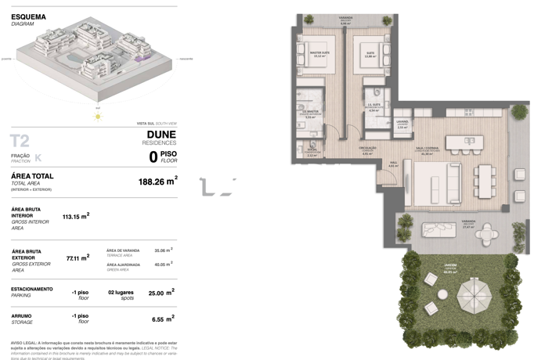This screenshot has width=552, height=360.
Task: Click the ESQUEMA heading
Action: click(x=28, y=16)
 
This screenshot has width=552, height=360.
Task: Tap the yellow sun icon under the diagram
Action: click(x=98, y=117)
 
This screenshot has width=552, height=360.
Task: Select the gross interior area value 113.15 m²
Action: click(x=75, y=215)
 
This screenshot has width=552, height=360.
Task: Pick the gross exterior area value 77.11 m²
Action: click(x=75, y=257)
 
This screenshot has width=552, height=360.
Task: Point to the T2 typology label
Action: click(x=20, y=141)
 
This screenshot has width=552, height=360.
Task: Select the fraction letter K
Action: click(x=38, y=158)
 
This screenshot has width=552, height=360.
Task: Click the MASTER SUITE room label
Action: click(x=319, y=54)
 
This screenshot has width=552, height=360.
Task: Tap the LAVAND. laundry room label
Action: click(x=402, y=123)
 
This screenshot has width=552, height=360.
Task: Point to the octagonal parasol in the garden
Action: click(x=476, y=295)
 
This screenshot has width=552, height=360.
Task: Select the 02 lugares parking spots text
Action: click(x=122, y=292)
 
